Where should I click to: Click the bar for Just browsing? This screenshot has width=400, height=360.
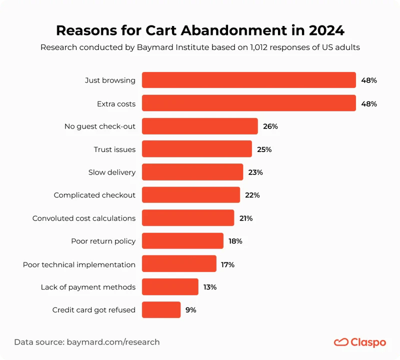[248, 80]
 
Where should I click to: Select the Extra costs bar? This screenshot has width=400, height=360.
[248, 103]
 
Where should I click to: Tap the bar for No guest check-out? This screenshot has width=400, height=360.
[199, 126]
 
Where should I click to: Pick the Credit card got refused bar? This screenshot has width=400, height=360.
[161, 310]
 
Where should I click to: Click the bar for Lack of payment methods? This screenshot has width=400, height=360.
[170, 287]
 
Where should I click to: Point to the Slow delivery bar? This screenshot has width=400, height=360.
[192, 172]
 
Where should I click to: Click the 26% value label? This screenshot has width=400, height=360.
[270, 126]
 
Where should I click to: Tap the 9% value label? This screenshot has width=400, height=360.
[190, 310]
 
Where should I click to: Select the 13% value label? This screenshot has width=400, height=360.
[209, 287]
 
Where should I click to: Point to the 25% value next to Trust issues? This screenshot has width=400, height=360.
[264, 149]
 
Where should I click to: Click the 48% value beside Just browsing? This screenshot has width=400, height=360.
[368, 80]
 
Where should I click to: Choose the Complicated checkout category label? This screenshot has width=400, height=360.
[94, 195]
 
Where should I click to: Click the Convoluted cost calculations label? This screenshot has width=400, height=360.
[84, 218]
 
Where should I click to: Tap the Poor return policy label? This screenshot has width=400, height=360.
[103, 241]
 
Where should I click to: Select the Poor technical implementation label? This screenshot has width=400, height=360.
[79, 264]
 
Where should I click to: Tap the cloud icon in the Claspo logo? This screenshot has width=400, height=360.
[341, 342]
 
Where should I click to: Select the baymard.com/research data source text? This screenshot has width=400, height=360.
[112, 342]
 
